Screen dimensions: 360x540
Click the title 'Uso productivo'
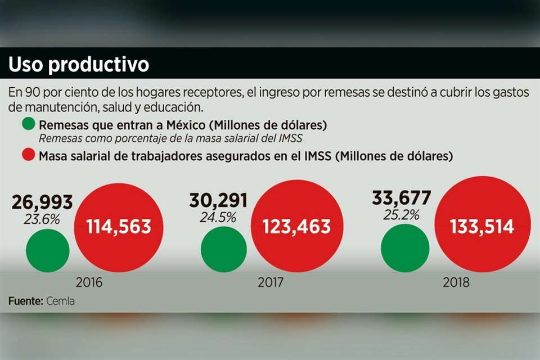[x=78, y=65]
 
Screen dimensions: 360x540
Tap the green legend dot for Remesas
[x=28, y=125]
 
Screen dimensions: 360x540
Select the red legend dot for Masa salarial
[x=28, y=155]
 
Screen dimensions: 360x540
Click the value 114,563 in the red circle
[x=119, y=227]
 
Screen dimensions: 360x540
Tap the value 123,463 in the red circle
[x=296, y=227]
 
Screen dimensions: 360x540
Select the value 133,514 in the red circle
[x=482, y=227]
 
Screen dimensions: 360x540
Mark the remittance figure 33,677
[x=401, y=198]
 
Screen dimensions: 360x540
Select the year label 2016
[x=89, y=282]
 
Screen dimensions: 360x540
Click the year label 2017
[x=271, y=282]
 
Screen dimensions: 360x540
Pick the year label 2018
[x=456, y=282]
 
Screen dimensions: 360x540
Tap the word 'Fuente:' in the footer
[x=25, y=301]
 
